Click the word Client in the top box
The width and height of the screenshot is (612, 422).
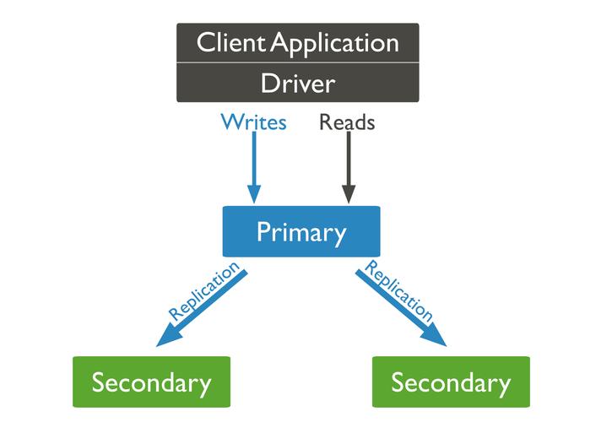(227, 43)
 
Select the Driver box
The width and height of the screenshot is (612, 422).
(298, 84)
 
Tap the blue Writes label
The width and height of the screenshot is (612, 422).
(253, 122)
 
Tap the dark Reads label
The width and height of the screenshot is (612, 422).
(347, 122)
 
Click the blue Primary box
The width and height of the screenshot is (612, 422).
(301, 231)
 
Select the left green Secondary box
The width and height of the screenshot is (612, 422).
(152, 382)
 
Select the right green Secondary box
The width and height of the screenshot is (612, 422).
(451, 382)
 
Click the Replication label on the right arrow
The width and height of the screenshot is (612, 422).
(398, 294)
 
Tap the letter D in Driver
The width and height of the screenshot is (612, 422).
(268, 84)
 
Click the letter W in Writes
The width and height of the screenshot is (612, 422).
(230, 122)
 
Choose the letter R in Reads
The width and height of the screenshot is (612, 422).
(326, 122)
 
